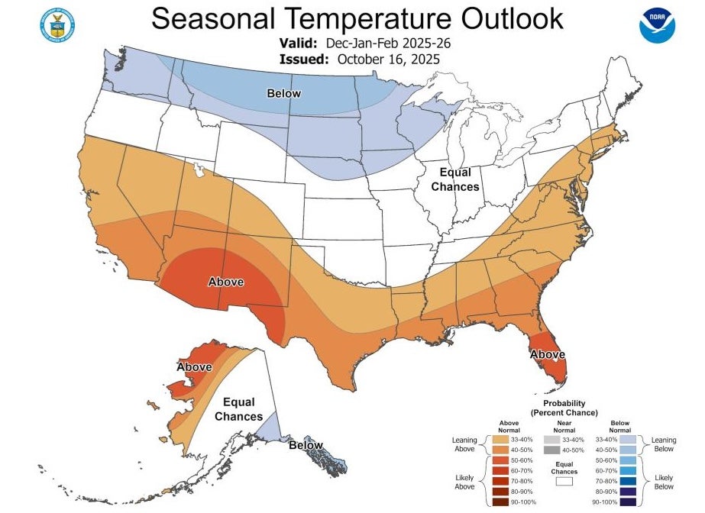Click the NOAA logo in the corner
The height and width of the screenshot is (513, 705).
[658, 24]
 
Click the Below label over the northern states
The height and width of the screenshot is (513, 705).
[283, 93]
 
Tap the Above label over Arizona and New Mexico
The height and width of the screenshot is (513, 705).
[226, 282]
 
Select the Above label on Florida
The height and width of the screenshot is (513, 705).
[547, 354]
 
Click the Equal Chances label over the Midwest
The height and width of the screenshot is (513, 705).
[455, 179]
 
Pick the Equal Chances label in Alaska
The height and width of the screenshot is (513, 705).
[238, 408]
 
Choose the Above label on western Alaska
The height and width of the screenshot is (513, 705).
[194, 367]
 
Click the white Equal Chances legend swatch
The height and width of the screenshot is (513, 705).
[564, 481]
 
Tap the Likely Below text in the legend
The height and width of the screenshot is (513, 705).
[664, 482]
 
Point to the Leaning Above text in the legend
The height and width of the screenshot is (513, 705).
[464, 444]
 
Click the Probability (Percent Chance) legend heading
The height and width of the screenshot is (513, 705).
[564, 408]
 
